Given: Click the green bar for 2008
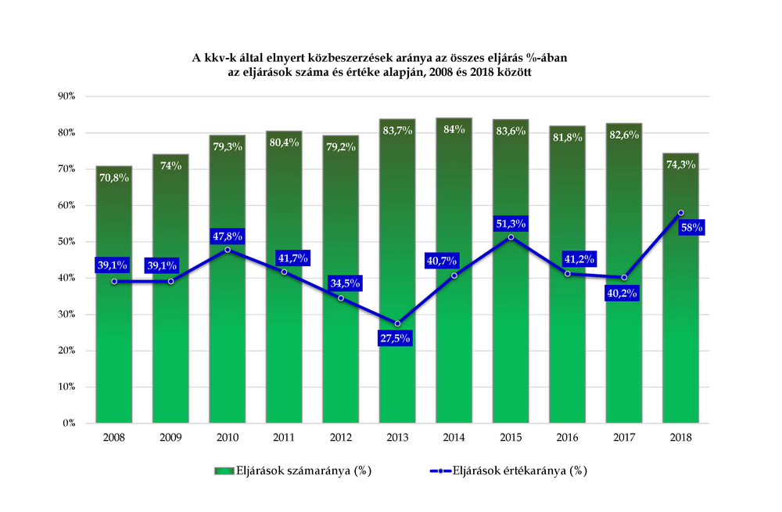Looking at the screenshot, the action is coord(113,294).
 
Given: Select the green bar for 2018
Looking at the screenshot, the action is coord(681,288).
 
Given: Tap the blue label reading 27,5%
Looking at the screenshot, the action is coord(395,338).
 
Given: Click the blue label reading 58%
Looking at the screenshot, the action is coord(692,227).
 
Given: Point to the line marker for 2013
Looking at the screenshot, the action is coord(397,323).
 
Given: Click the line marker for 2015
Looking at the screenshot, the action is coord(511,237).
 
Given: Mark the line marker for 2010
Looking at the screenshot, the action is coord(228,250).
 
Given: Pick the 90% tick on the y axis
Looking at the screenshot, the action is coord(66,96).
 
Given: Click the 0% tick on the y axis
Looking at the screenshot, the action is coord(69,423).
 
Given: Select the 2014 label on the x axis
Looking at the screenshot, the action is coord(454,438).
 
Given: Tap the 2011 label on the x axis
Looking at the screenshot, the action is coord(284,438).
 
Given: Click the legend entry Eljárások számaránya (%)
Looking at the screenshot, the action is coord(293,471).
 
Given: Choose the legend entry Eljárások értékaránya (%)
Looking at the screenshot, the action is coord(509,471).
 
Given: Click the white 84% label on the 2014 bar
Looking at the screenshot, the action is coord(454,129).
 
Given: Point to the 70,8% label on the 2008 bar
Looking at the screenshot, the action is coord(113,178).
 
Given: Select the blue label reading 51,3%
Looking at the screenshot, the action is coord(511,224).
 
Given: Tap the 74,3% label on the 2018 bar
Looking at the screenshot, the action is coord(681,164).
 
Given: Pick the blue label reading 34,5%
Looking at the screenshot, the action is coord(345,283).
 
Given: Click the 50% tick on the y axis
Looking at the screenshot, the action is coord(66,241).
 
